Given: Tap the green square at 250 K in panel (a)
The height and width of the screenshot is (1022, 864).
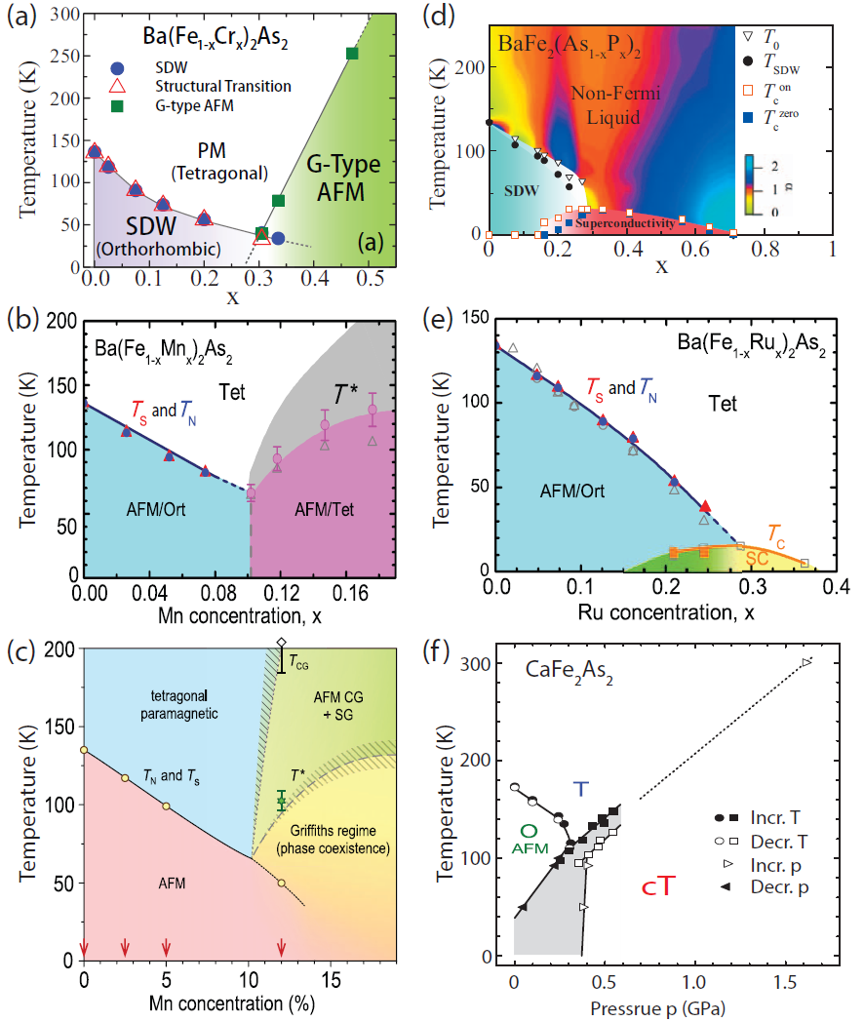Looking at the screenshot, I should (352, 53).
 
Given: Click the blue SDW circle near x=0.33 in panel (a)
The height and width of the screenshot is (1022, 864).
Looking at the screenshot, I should (278, 238).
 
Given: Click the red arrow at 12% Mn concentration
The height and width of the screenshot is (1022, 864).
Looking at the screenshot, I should (282, 947).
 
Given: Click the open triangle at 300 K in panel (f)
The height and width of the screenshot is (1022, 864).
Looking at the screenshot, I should (806, 663).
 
